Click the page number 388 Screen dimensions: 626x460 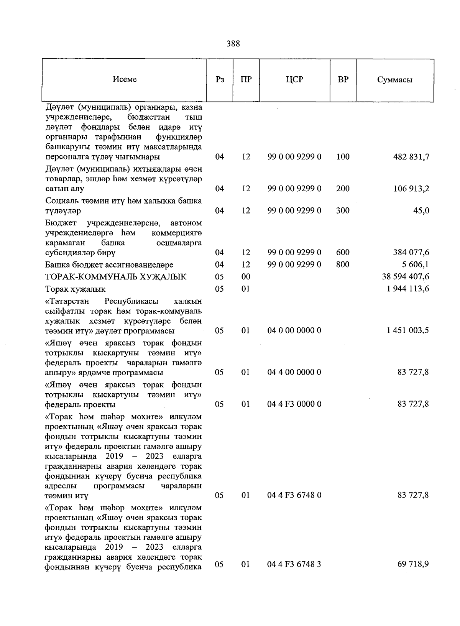233,44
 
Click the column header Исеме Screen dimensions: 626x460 125,80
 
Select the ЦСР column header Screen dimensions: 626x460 294,80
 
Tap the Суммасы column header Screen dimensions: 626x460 394,80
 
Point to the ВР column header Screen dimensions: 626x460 343,80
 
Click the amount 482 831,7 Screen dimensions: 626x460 411,157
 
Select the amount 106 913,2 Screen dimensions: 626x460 411,189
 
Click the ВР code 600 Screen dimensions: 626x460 343,253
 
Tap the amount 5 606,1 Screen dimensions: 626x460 416,265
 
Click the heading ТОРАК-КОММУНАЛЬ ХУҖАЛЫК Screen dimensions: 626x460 116,277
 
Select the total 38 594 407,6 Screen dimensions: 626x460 406,277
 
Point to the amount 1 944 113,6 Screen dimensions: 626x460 408,289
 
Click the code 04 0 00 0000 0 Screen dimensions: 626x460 294,331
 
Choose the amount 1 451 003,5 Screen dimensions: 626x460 408,331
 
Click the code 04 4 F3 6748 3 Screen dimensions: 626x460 294,565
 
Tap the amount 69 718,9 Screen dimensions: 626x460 413,565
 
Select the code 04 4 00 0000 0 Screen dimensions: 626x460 294,373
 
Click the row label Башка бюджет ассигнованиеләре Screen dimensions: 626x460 109,265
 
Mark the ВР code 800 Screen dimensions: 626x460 343,265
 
